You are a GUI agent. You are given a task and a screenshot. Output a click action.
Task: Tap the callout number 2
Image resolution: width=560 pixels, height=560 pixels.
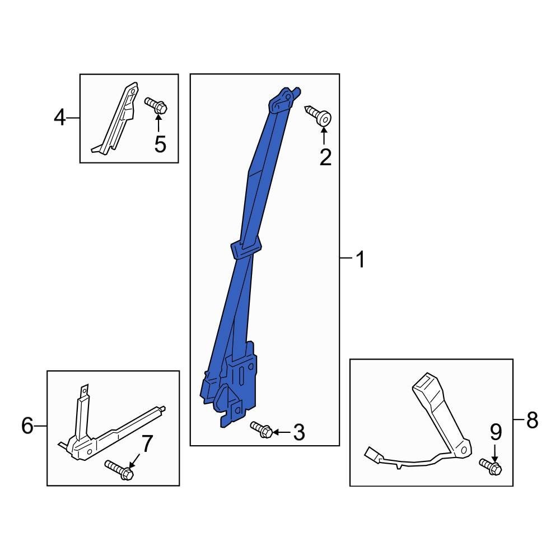325,157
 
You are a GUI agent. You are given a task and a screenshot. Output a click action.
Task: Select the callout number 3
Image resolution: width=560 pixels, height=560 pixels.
299,432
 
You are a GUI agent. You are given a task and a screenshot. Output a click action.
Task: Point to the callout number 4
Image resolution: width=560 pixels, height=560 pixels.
60,118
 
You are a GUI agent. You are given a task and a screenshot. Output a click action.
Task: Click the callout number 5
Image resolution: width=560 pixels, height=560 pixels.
160,144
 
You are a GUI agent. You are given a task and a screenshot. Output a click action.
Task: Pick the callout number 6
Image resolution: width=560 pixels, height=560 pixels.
27,426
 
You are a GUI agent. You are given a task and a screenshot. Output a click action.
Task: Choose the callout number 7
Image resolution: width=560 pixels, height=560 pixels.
146,444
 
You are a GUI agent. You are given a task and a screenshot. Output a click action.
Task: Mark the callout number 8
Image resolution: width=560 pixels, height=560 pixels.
531,419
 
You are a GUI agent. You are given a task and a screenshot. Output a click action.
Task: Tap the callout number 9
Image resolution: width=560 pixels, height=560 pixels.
496,432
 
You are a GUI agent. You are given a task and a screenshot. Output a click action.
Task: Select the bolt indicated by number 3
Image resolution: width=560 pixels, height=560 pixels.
262,430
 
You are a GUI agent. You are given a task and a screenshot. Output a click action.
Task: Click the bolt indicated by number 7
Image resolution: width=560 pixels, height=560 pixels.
119,470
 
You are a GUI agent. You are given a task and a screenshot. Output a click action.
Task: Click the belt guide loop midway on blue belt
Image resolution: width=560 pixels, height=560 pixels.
246,247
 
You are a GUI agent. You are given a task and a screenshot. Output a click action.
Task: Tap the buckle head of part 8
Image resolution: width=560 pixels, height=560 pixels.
427,386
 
